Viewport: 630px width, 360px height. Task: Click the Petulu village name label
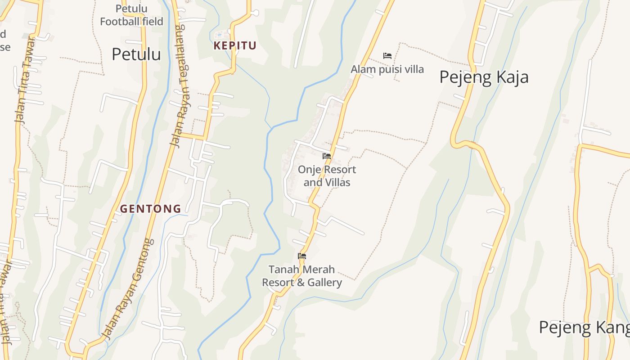pos(136,54)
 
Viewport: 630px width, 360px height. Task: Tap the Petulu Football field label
pos(131,15)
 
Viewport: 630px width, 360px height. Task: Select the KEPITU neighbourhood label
pos(235,45)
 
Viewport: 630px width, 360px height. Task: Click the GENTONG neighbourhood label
pos(150,209)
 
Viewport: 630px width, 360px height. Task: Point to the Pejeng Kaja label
pos(484,77)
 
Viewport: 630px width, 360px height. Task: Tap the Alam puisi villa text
pos(387,69)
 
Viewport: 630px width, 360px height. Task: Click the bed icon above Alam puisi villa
pos(387,56)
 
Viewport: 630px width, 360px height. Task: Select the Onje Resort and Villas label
pos(327,176)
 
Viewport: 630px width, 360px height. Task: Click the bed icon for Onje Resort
pos(327,156)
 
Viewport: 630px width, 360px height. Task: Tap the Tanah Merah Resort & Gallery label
pos(302,276)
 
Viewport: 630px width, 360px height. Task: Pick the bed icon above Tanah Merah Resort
pos(302,256)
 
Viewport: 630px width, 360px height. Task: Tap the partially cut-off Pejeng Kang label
pos(584,328)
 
